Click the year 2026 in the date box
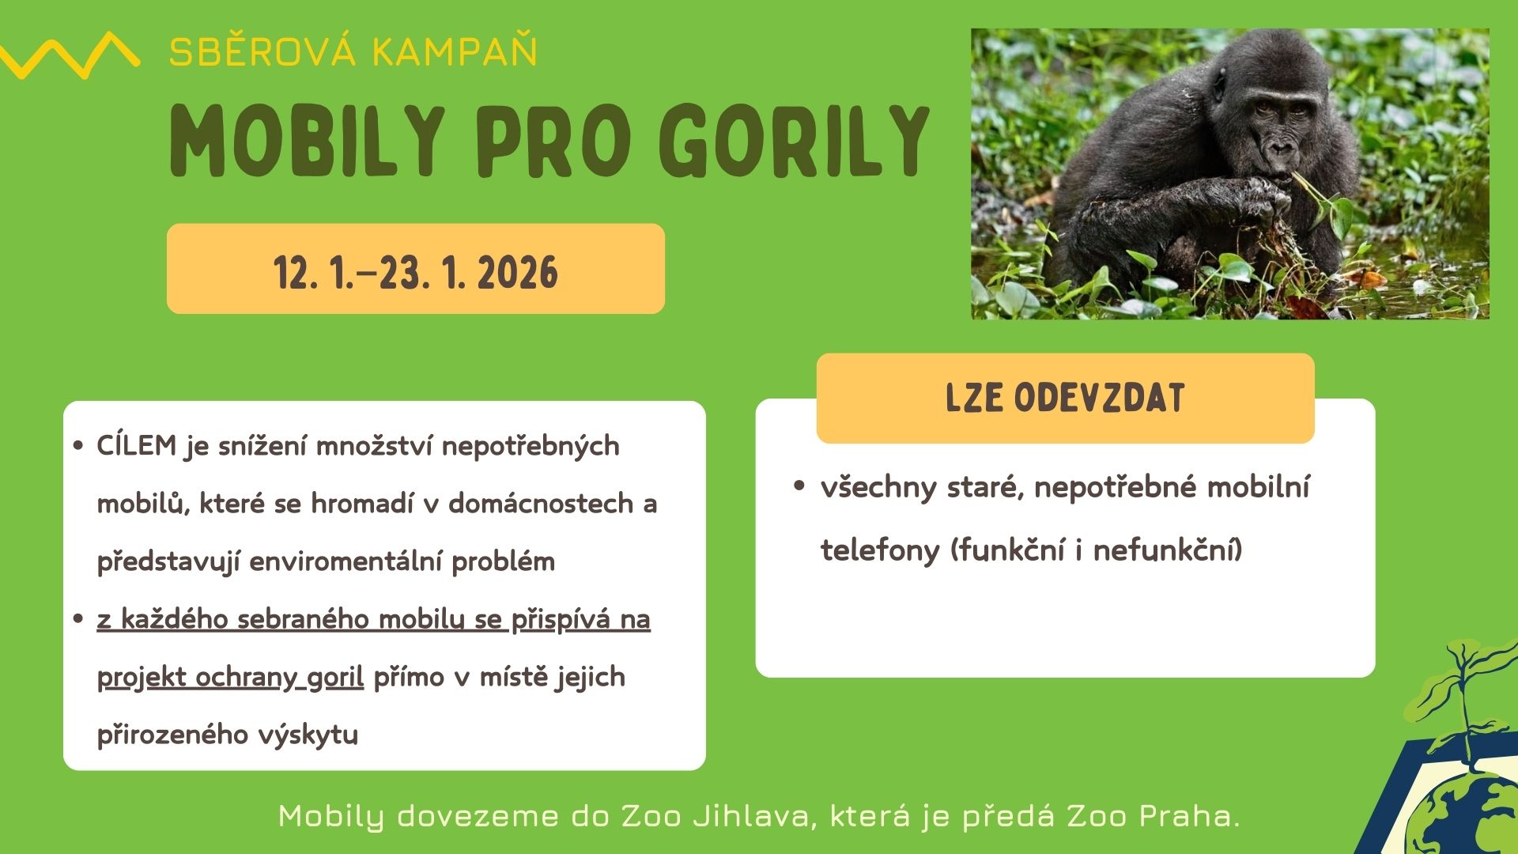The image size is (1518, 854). tap(517, 273)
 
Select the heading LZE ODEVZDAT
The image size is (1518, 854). tap(1065, 398)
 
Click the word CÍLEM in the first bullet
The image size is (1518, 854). tap(137, 445)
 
